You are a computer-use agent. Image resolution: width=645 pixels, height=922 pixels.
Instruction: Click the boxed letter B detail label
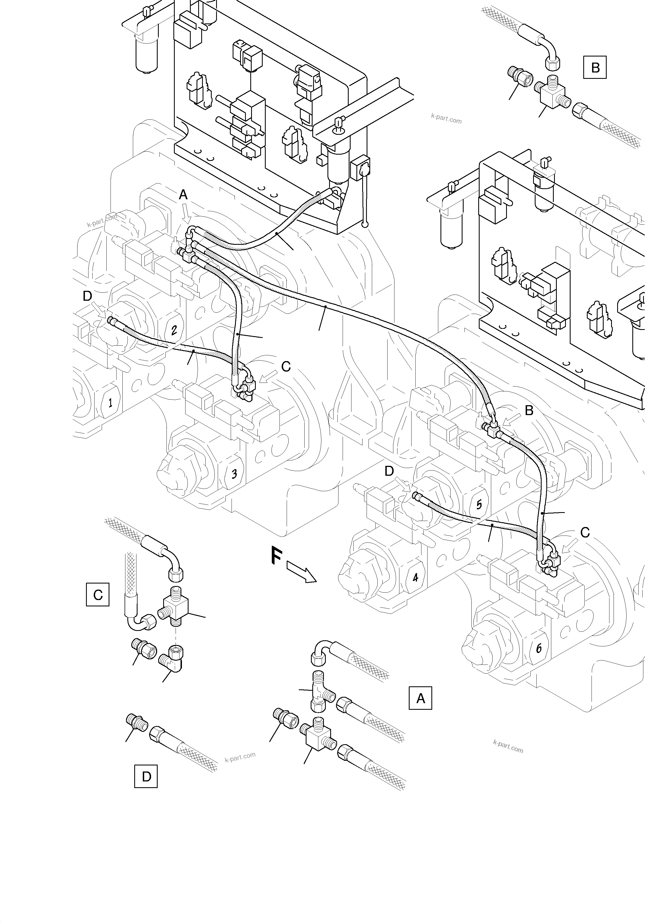tap(595, 68)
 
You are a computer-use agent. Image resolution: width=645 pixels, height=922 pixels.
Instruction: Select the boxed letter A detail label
tap(420, 698)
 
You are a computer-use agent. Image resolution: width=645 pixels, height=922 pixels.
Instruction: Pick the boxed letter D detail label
tap(146, 777)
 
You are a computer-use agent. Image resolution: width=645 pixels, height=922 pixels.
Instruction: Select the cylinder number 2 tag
tap(174, 330)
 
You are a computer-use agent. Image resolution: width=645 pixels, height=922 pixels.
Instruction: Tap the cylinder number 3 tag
tap(234, 474)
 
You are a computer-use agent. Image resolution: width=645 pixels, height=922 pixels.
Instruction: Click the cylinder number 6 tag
tap(539, 648)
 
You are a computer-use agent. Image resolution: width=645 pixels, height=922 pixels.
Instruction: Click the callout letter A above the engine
tap(183, 195)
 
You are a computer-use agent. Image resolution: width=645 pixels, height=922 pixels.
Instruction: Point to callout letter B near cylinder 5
tap(529, 410)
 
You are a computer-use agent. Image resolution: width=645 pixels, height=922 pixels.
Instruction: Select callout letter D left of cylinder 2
tap(87, 296)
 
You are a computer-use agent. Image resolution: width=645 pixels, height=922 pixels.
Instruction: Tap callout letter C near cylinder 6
tap(585, 533)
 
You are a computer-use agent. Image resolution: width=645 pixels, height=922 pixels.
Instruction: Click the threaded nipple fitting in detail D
tap(138, 721)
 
